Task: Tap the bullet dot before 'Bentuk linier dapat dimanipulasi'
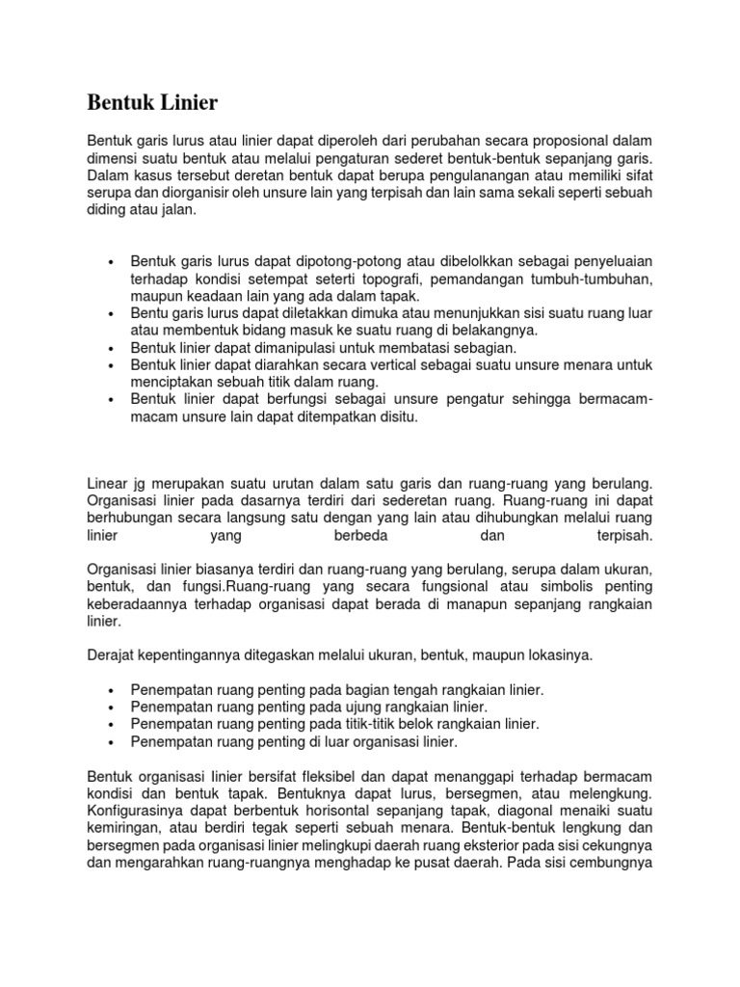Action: pyautogui.click(x=113, y=348)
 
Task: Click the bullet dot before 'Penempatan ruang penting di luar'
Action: pyautogui.click(x=113, y=742)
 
